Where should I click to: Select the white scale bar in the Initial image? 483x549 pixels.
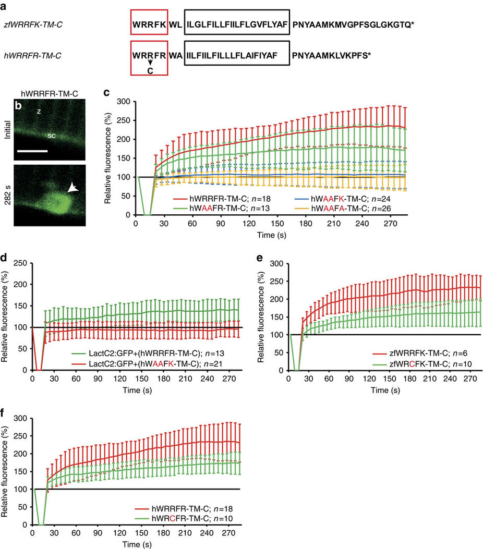pos(33,151)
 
